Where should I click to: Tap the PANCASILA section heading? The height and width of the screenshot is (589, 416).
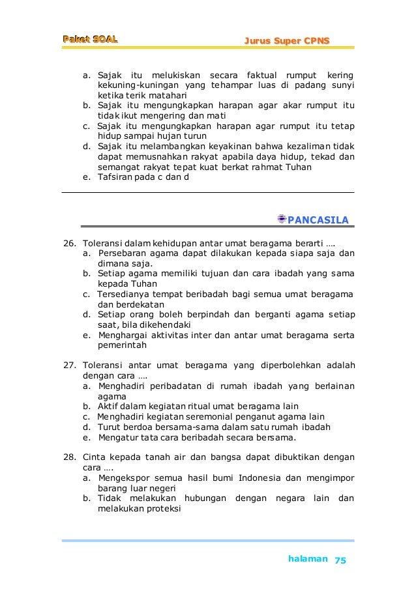coord(318,218)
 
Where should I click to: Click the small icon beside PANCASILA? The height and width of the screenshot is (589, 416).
coord(282,218)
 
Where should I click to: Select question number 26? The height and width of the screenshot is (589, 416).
coord(68,244)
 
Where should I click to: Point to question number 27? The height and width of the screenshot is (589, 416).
coord(68,365)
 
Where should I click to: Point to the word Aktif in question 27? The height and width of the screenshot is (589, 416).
coord(108,406)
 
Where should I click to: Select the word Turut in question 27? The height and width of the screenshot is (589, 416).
coord(108,427)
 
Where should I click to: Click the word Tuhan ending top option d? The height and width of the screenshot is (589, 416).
coord(297,166)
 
